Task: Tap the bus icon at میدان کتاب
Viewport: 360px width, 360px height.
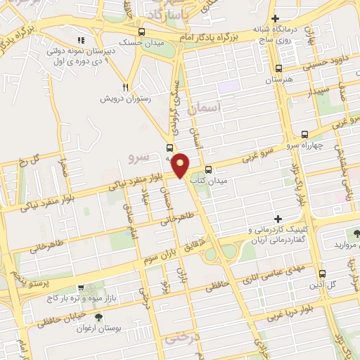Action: point(208,169)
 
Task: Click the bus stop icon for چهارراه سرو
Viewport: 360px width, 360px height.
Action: point(304,134)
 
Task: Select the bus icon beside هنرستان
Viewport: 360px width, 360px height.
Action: point(279,69)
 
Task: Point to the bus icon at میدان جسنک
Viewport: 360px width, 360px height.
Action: point(142,32)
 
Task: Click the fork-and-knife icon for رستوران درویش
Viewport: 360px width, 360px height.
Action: point(126,87)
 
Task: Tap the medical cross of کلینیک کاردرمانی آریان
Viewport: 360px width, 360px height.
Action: point(278,219)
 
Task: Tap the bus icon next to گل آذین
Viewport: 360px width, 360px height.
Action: point(322,274)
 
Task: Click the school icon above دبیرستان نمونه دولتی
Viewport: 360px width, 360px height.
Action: point(79,39)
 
